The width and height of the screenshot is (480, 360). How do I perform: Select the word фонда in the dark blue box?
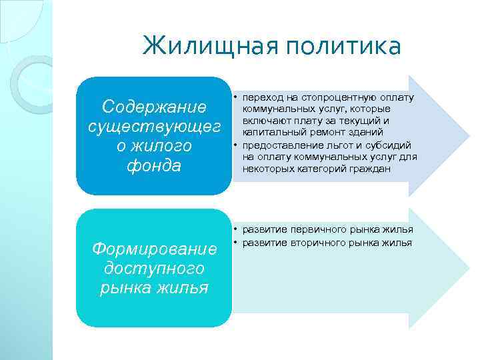tap(154, 165)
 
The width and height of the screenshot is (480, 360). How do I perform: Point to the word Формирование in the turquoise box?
tap(154, 249)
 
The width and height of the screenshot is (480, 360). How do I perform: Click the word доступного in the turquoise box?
tap(154, 269)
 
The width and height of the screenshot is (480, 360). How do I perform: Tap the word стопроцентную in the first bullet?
tap(336, 97)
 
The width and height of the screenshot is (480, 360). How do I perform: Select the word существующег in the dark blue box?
tap(154, 126)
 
